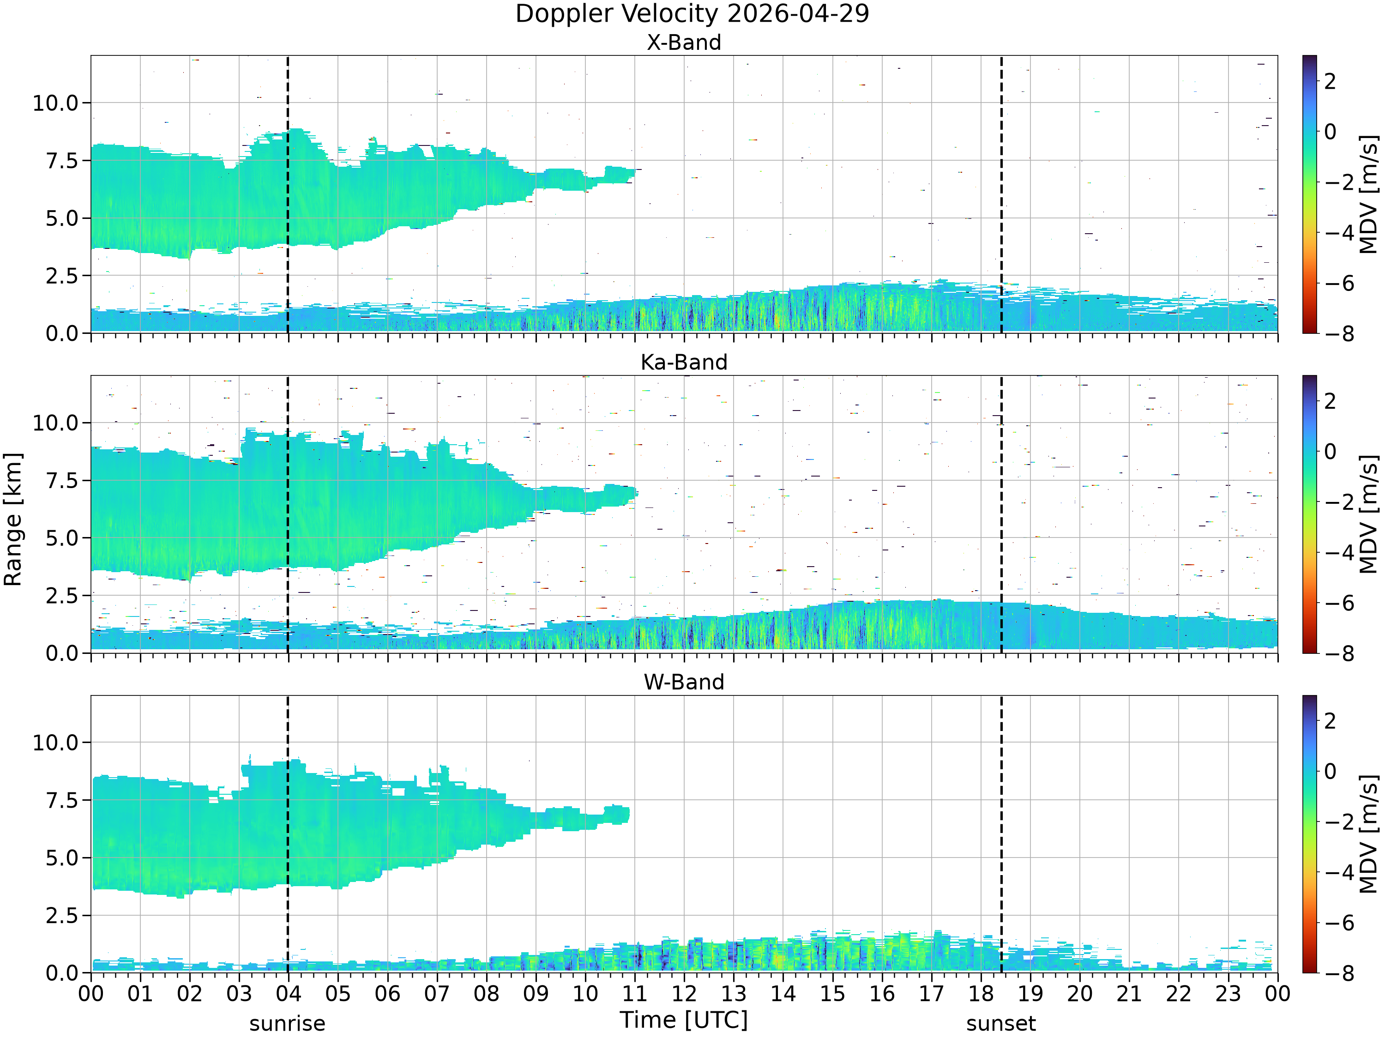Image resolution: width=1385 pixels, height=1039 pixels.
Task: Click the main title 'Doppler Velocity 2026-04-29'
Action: [692, 14]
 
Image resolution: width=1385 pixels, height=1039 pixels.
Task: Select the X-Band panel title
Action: [684, 42]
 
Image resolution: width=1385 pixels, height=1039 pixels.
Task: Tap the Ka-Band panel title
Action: [684, 362]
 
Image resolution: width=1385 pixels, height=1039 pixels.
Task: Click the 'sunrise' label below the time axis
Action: [288, 1023]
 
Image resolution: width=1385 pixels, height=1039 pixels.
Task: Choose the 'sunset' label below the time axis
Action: [1000, 1023]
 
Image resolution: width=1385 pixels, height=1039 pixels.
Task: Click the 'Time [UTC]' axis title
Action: [684, 1020]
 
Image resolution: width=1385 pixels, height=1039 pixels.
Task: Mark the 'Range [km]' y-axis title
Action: [12, 519]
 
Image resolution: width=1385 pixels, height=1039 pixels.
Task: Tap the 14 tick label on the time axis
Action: [783, 993]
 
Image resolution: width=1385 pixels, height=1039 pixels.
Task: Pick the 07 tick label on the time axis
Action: [436, 993]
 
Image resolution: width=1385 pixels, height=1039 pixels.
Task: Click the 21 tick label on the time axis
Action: [1129, 993]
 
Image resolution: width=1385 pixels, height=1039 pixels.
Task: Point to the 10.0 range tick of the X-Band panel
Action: [56, 103]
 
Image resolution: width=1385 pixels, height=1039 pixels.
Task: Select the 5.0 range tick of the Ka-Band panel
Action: [63, 538]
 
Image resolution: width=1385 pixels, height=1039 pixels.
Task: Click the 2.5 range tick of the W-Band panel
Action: [63, 916]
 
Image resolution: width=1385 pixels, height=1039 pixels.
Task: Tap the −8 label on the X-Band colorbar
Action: [1339, 333]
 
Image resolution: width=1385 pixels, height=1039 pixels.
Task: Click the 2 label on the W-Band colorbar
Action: [1331, 721]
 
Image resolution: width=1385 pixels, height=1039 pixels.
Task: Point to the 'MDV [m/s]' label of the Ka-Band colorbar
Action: [1369, 514]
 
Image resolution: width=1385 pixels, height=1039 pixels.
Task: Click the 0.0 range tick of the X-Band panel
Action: [63, 333]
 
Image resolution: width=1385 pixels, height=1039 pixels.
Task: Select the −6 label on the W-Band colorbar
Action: [1339, 923]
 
